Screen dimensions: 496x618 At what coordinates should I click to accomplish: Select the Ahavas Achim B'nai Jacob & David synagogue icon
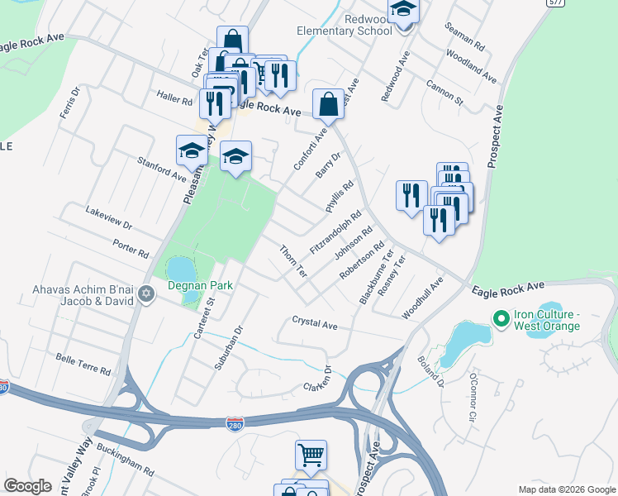146,294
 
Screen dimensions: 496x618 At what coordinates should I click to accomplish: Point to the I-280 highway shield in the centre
235,423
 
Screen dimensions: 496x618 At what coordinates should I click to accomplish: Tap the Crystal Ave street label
315,322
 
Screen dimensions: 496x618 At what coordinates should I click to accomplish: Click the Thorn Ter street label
292,260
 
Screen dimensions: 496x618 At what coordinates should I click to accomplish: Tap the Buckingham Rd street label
125,460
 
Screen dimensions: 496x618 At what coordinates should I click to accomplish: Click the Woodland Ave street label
471,66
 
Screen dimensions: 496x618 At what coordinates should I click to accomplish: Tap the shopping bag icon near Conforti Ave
328,104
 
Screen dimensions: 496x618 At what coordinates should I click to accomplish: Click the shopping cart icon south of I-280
311,454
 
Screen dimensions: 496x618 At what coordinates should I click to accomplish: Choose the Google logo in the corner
28,486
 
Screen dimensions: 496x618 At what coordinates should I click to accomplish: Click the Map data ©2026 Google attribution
566,489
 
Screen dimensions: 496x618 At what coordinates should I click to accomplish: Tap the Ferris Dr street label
69,103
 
